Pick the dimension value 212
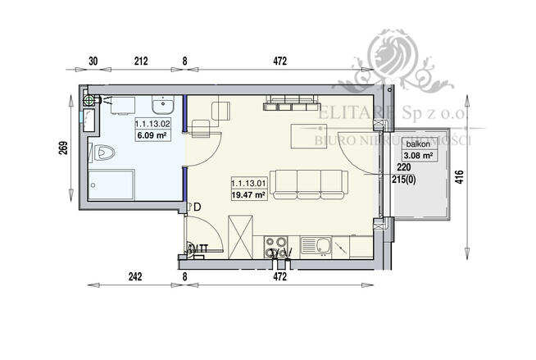142,60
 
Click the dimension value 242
135,277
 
